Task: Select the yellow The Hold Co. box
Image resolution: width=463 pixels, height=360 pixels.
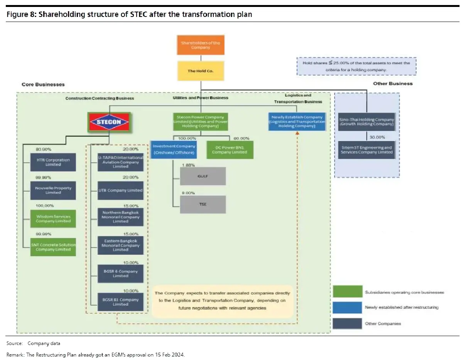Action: (200, 71)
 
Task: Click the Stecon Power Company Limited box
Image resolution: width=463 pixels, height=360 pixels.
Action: (200, 121)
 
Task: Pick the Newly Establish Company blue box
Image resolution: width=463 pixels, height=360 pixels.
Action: (297, 121)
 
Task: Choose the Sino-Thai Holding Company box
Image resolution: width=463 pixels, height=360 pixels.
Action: (366, 121)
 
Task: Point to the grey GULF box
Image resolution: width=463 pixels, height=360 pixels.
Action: (203, 176)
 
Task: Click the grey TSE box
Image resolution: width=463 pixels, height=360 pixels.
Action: (203, 204)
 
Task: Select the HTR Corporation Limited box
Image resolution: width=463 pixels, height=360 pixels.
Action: (53, 162)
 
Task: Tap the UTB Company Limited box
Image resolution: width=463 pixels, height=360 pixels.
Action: (120, 190)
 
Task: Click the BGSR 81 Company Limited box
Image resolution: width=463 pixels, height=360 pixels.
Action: (120, 302)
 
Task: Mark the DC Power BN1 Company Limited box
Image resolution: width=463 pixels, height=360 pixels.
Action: (230, 150)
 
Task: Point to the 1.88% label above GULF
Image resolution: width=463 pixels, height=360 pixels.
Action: (188, 165)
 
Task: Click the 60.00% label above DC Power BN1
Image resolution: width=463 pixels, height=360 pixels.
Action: (242, 138)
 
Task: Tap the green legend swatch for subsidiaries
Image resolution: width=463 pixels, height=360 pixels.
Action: (347, 292)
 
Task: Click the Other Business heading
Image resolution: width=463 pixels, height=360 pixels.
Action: (392, 84)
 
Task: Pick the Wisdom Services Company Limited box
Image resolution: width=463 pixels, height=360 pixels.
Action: (53, 219)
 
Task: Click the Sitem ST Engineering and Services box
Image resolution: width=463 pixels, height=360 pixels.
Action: (366, 150)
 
